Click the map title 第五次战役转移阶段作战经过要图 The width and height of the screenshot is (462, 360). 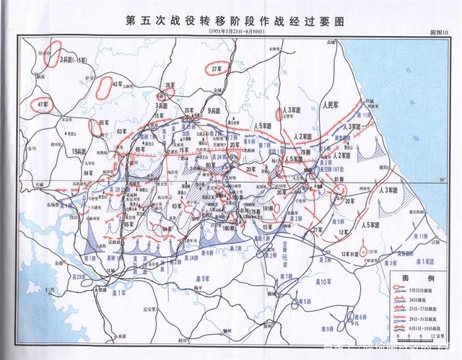point(230,19)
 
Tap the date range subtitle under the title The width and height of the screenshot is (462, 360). point(230,32)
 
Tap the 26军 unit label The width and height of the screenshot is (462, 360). point(170,85)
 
